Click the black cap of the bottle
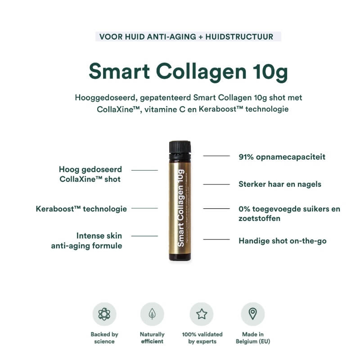(x=180, y=148)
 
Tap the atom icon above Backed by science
(x=104, y=314)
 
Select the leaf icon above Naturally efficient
(x=152, y=314)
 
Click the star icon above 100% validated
(x=201, y=314)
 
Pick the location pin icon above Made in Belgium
(x=252, y=314)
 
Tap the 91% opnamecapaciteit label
(x=282, y=157)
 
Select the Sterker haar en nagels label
(x=279, y=184)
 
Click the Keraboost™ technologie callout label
(x=81, y=209)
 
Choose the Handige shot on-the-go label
(x=282, y=241)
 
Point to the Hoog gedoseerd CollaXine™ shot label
(x=90, y=174)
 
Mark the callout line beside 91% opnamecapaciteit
(x=216, y=156)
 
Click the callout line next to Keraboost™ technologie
(x=144, y=208)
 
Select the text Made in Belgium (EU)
(x=252, y=337)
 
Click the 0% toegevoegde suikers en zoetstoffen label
(x=289, y=214)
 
